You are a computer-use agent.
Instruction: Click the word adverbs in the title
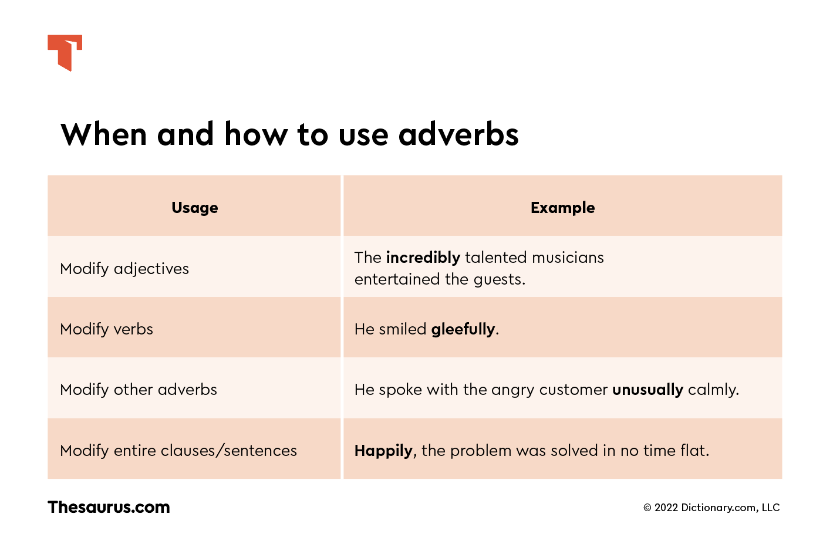[x=458, y=134]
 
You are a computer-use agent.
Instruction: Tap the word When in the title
[x=104, y=134]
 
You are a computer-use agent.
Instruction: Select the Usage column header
[x=195, y=208]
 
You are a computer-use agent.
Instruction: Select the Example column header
[x=562, y=208]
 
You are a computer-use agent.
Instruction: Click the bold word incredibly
[x=423, y=258]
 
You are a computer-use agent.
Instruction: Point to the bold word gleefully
[x=463, y=329]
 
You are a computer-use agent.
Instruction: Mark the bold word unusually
[x=647, y=390]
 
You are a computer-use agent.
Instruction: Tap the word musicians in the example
[x=568, y=258]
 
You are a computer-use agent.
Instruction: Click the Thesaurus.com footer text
[x=109, y=508]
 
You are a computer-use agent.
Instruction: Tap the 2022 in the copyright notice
[x=666, y=508]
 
